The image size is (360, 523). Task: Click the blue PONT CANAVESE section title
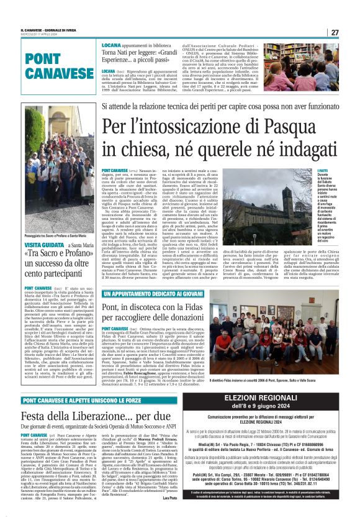click(x=52, y=66)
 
